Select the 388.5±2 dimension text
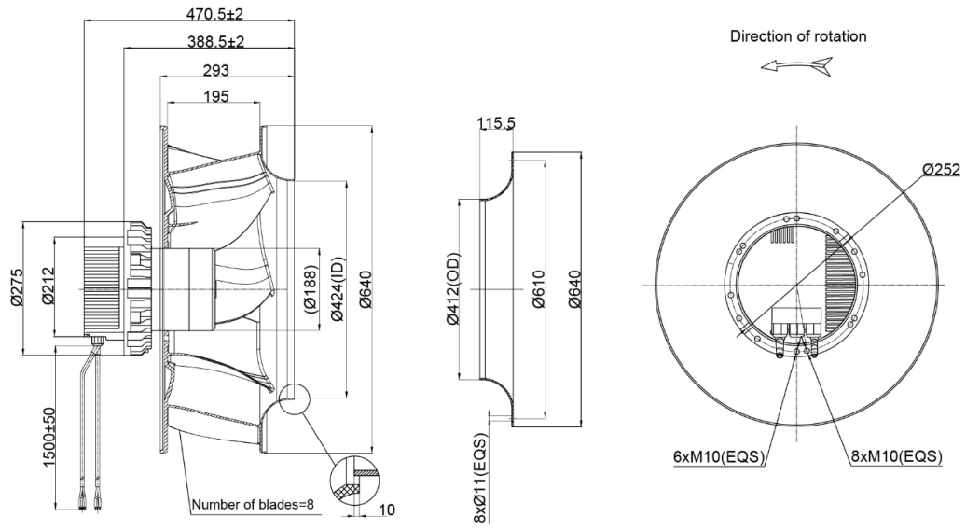(215, 41)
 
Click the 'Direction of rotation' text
(798, 37)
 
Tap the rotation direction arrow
(795, 66)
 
